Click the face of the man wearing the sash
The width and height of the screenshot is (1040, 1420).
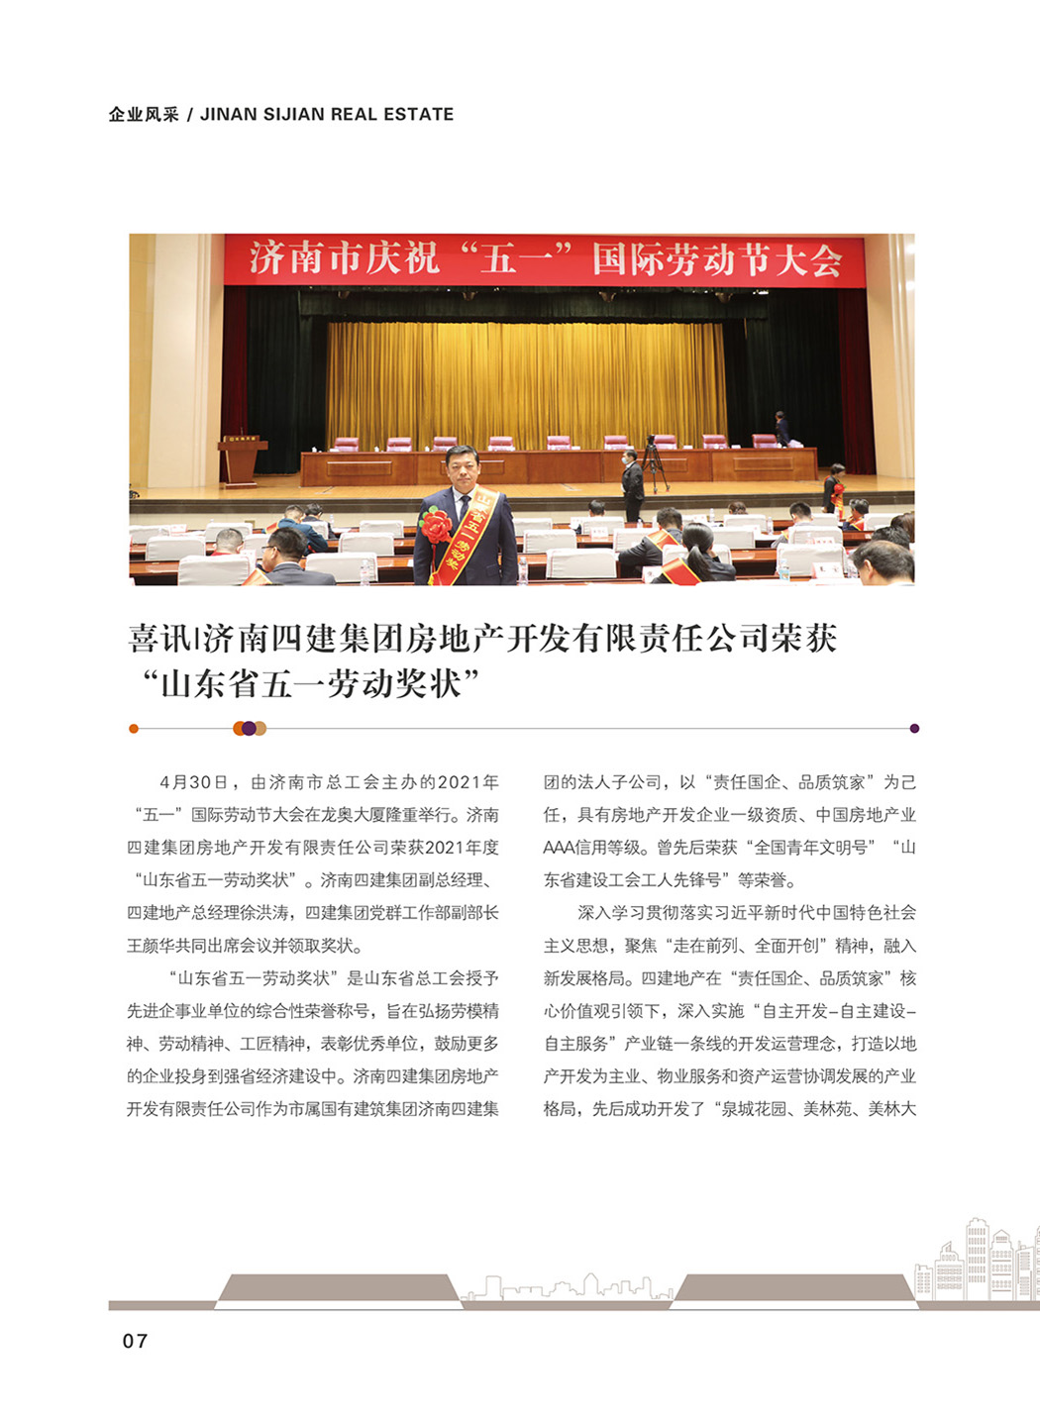point(464,467)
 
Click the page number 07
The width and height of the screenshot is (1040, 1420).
point(135,1341)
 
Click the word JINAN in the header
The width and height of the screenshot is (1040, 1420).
point(227,114)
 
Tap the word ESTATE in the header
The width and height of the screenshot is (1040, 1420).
point(420,114)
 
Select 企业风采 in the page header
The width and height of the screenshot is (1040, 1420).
point(144,114)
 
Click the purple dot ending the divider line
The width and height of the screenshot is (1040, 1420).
point(914,728)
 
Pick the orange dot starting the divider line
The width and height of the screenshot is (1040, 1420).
point(134,729)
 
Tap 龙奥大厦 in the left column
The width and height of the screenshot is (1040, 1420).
point(364,815)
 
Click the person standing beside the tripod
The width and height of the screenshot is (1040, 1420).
point(632,482)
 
